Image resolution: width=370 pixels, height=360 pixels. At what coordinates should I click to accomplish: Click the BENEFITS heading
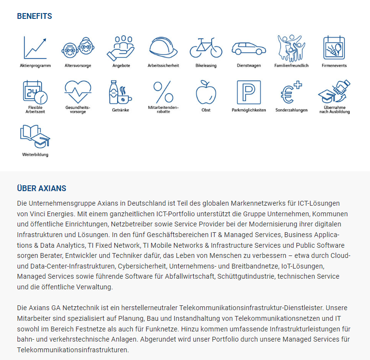pos(34,16)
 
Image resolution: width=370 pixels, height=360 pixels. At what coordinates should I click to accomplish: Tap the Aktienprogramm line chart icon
pos(35,47)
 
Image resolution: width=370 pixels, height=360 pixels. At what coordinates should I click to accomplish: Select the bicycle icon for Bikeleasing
pos(206,47)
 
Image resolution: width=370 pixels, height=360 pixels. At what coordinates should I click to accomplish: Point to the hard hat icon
pos(163,47)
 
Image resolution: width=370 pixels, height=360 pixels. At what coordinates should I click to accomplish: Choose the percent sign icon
pos(163,92)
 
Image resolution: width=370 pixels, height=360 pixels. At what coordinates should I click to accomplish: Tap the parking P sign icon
pos(248,92)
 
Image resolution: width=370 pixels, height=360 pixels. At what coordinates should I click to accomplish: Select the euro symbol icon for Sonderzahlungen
pos(291,92)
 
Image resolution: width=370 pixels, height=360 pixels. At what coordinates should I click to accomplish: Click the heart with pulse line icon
pos(77,91)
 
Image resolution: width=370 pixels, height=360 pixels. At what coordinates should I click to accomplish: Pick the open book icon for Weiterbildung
pos(35,137)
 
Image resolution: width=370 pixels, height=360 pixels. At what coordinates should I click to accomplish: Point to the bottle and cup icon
pos(120,92)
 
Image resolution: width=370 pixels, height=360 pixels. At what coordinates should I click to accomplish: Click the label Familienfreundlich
pos(291,66)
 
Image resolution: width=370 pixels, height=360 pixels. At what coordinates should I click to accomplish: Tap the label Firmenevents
pos(334,66)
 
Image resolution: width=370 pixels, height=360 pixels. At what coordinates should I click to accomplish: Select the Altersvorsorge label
pos(77,66)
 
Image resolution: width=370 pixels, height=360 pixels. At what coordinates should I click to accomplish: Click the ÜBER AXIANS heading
pos(42,188)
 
